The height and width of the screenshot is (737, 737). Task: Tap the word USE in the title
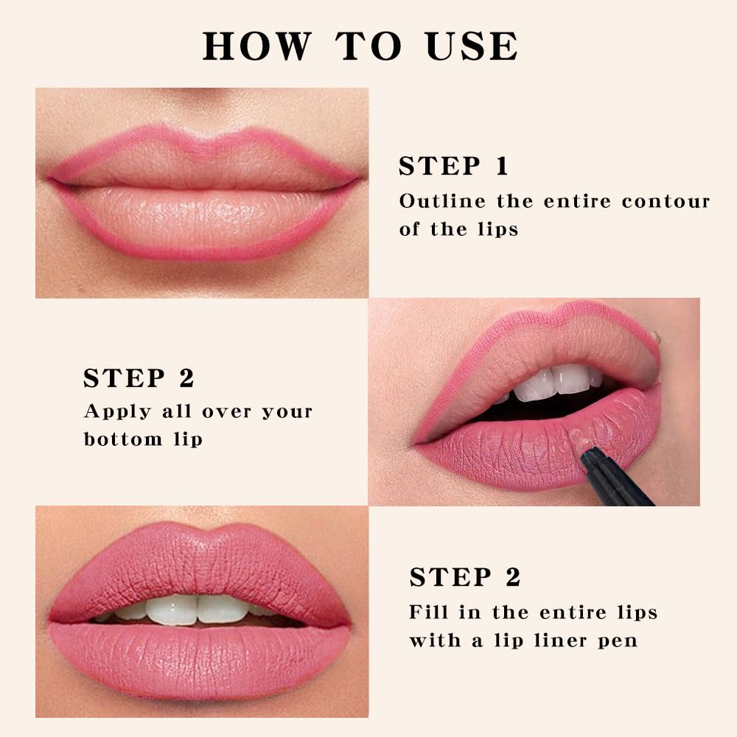472,46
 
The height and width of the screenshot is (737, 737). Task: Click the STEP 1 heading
453,167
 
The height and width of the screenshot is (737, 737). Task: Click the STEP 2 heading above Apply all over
139,378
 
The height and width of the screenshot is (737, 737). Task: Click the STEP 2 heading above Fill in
465,577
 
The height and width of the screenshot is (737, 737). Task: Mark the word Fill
426,612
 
